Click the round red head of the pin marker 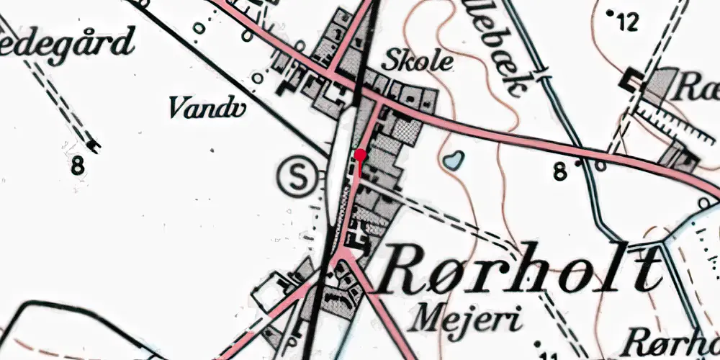(361, 155)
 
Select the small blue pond (452, 160)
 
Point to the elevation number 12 (628, 23)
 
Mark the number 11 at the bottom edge (548, 355)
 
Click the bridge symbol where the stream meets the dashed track (542, 74)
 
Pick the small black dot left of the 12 (611, 13)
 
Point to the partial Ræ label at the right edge (698, 89)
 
